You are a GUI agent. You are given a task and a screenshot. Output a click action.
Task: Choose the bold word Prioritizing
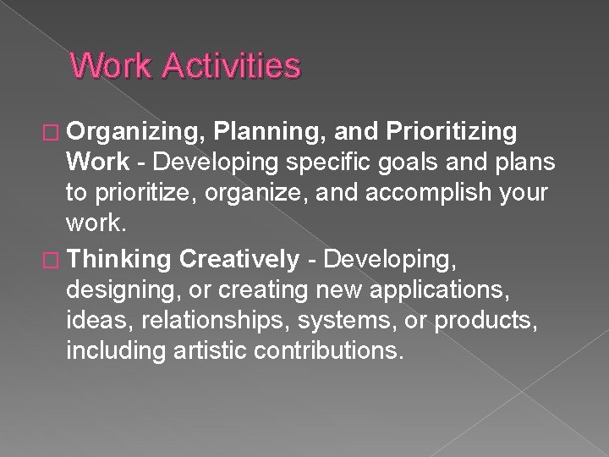(x=451, y=132)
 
